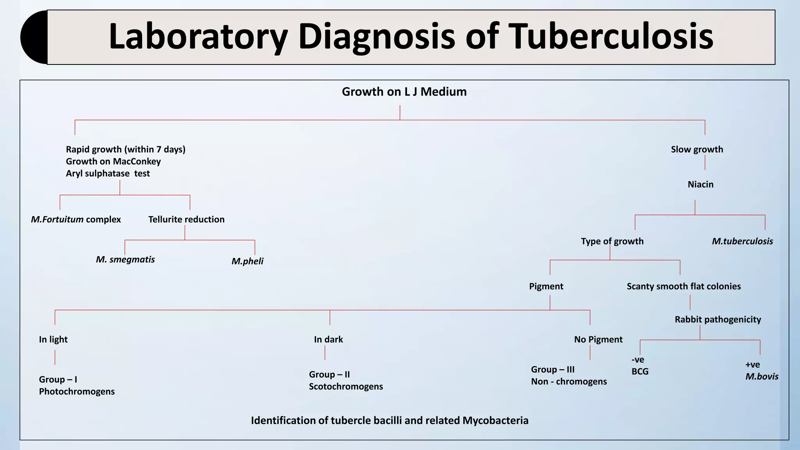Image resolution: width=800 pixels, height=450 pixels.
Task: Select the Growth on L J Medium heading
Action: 404,92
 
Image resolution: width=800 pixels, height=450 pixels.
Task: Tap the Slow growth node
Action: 696,150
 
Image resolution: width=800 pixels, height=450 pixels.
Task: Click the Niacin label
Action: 700,184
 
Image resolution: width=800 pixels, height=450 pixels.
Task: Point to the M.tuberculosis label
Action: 742,241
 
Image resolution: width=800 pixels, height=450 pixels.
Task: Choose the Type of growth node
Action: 612,241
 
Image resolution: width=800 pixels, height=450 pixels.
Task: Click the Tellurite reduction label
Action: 186,220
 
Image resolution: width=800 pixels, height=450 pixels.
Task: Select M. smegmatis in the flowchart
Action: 125,260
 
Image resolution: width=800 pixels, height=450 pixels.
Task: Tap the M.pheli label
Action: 247,261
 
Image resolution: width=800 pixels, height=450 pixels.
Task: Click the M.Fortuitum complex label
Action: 76,220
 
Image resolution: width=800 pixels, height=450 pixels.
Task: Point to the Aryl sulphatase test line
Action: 107,173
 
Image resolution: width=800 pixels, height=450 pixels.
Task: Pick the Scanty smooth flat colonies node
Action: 683,286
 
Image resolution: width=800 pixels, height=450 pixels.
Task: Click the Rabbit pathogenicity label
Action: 718,320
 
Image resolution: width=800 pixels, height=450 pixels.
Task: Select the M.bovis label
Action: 761,377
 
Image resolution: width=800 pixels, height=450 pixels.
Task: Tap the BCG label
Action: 640,371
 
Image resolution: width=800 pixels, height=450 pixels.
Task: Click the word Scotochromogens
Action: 346,387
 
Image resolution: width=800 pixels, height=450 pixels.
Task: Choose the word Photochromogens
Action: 77,391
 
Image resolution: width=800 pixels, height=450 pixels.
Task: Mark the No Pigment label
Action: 598,339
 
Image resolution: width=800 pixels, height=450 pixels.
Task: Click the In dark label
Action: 328,339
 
